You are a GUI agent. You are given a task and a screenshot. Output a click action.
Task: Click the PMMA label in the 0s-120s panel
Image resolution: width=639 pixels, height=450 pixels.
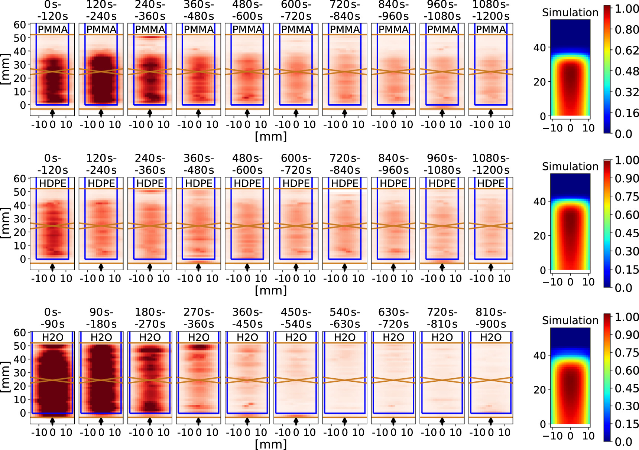[52, 29]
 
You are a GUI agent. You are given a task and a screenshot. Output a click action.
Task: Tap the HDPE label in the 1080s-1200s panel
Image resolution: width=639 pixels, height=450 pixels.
[490, 183]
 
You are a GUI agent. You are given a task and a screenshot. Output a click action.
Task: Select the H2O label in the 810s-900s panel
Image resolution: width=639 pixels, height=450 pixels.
[490, 337]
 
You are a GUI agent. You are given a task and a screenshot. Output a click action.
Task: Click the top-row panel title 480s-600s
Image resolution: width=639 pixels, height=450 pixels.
[247, 10]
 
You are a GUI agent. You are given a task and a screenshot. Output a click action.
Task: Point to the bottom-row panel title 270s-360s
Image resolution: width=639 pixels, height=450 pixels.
[199, 318]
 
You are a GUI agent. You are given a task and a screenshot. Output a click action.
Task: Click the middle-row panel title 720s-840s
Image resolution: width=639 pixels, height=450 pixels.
[345, 164]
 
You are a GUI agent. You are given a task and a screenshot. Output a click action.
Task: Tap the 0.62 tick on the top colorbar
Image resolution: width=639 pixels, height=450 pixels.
[626, 50]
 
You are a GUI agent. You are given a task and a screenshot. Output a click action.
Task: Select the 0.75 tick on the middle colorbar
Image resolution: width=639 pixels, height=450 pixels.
[626, 196]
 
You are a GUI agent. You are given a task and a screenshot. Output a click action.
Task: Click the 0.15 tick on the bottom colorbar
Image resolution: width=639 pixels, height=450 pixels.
[626, 424]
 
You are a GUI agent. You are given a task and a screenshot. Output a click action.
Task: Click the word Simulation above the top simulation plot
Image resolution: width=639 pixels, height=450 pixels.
[570, 13]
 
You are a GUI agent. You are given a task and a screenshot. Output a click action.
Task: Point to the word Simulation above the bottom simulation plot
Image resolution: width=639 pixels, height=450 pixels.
[570, 320]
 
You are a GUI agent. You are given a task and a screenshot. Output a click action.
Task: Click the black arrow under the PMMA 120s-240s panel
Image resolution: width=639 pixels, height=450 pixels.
[101, 113]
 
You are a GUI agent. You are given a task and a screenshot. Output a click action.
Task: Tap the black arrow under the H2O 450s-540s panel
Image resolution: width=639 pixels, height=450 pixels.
[296, 421]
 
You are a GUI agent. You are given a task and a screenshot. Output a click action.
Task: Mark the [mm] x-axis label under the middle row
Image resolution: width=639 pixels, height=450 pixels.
[271, 290]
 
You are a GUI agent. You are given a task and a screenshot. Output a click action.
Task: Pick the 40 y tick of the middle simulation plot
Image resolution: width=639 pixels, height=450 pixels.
[539, 202]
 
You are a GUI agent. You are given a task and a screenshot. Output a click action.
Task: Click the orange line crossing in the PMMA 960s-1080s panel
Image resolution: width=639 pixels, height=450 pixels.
[442, 72]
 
